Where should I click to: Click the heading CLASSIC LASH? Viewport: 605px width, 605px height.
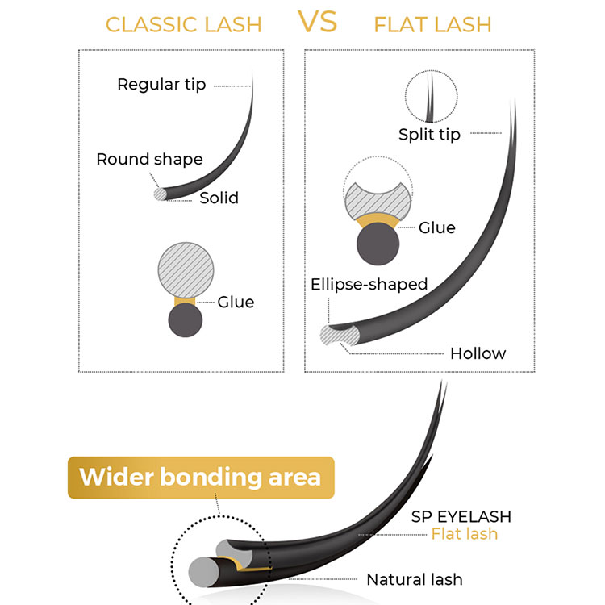point(184,24)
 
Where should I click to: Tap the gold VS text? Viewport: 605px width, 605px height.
point(318,21)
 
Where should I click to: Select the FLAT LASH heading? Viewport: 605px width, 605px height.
point(432,24)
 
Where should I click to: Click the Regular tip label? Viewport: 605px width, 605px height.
point(161,85)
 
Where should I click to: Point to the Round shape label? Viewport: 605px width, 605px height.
point(149,159)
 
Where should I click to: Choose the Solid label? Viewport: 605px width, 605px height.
point(219,198)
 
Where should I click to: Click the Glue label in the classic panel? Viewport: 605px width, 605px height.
point(236,302)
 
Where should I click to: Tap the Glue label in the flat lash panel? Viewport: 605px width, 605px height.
point(436,227)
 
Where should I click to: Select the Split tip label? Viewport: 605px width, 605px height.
point(429,135)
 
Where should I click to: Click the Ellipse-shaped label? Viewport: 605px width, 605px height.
point(369,284)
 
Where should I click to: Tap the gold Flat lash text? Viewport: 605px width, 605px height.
point(464,534)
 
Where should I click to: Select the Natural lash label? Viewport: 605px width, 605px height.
point(415,579)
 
